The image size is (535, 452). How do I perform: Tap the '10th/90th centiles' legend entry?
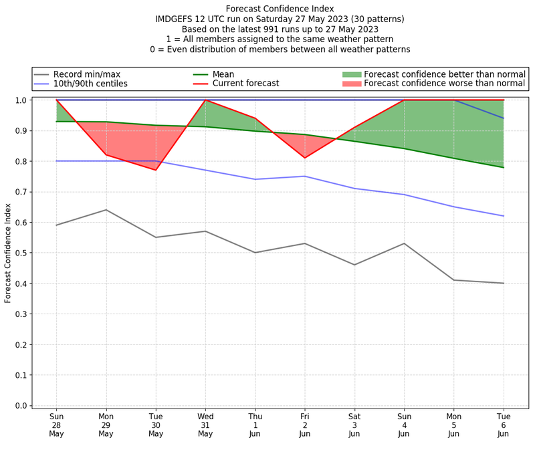pos(90,84)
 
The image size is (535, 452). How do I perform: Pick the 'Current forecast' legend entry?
pos(245,84)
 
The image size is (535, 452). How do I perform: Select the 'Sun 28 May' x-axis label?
pos(56,424)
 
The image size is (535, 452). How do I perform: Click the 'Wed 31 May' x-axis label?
pos(205,424)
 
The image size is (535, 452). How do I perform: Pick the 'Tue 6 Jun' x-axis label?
pos(504,424)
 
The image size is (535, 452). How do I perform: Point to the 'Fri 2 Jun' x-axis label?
pos(305,424)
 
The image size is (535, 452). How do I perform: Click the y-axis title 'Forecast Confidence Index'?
pos(9,253)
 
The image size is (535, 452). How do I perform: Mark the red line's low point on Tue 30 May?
pos(156,170)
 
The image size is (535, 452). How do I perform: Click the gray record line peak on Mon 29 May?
pos(106,210)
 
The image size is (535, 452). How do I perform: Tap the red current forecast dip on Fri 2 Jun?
pos(305,158)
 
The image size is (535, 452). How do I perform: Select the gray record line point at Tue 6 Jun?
pos(504,283)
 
